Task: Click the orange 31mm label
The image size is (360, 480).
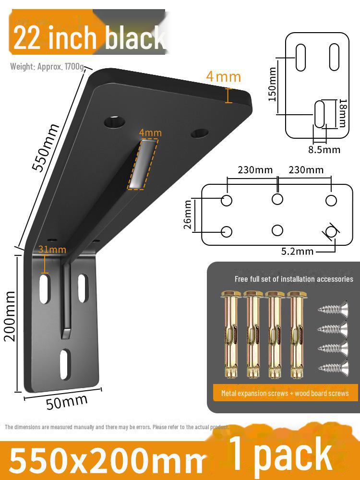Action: [52, 250]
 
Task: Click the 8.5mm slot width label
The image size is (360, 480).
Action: [324, 150]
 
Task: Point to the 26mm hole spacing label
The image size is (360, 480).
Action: [188, 215]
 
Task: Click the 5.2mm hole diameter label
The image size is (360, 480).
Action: [298, 251]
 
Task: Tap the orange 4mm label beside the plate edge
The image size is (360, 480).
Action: [223, 76]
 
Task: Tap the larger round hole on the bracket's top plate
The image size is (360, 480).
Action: [115, 121]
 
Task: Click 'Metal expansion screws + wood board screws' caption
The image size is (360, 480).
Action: [285, 393]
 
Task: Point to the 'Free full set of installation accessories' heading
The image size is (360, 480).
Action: [294, 279]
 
